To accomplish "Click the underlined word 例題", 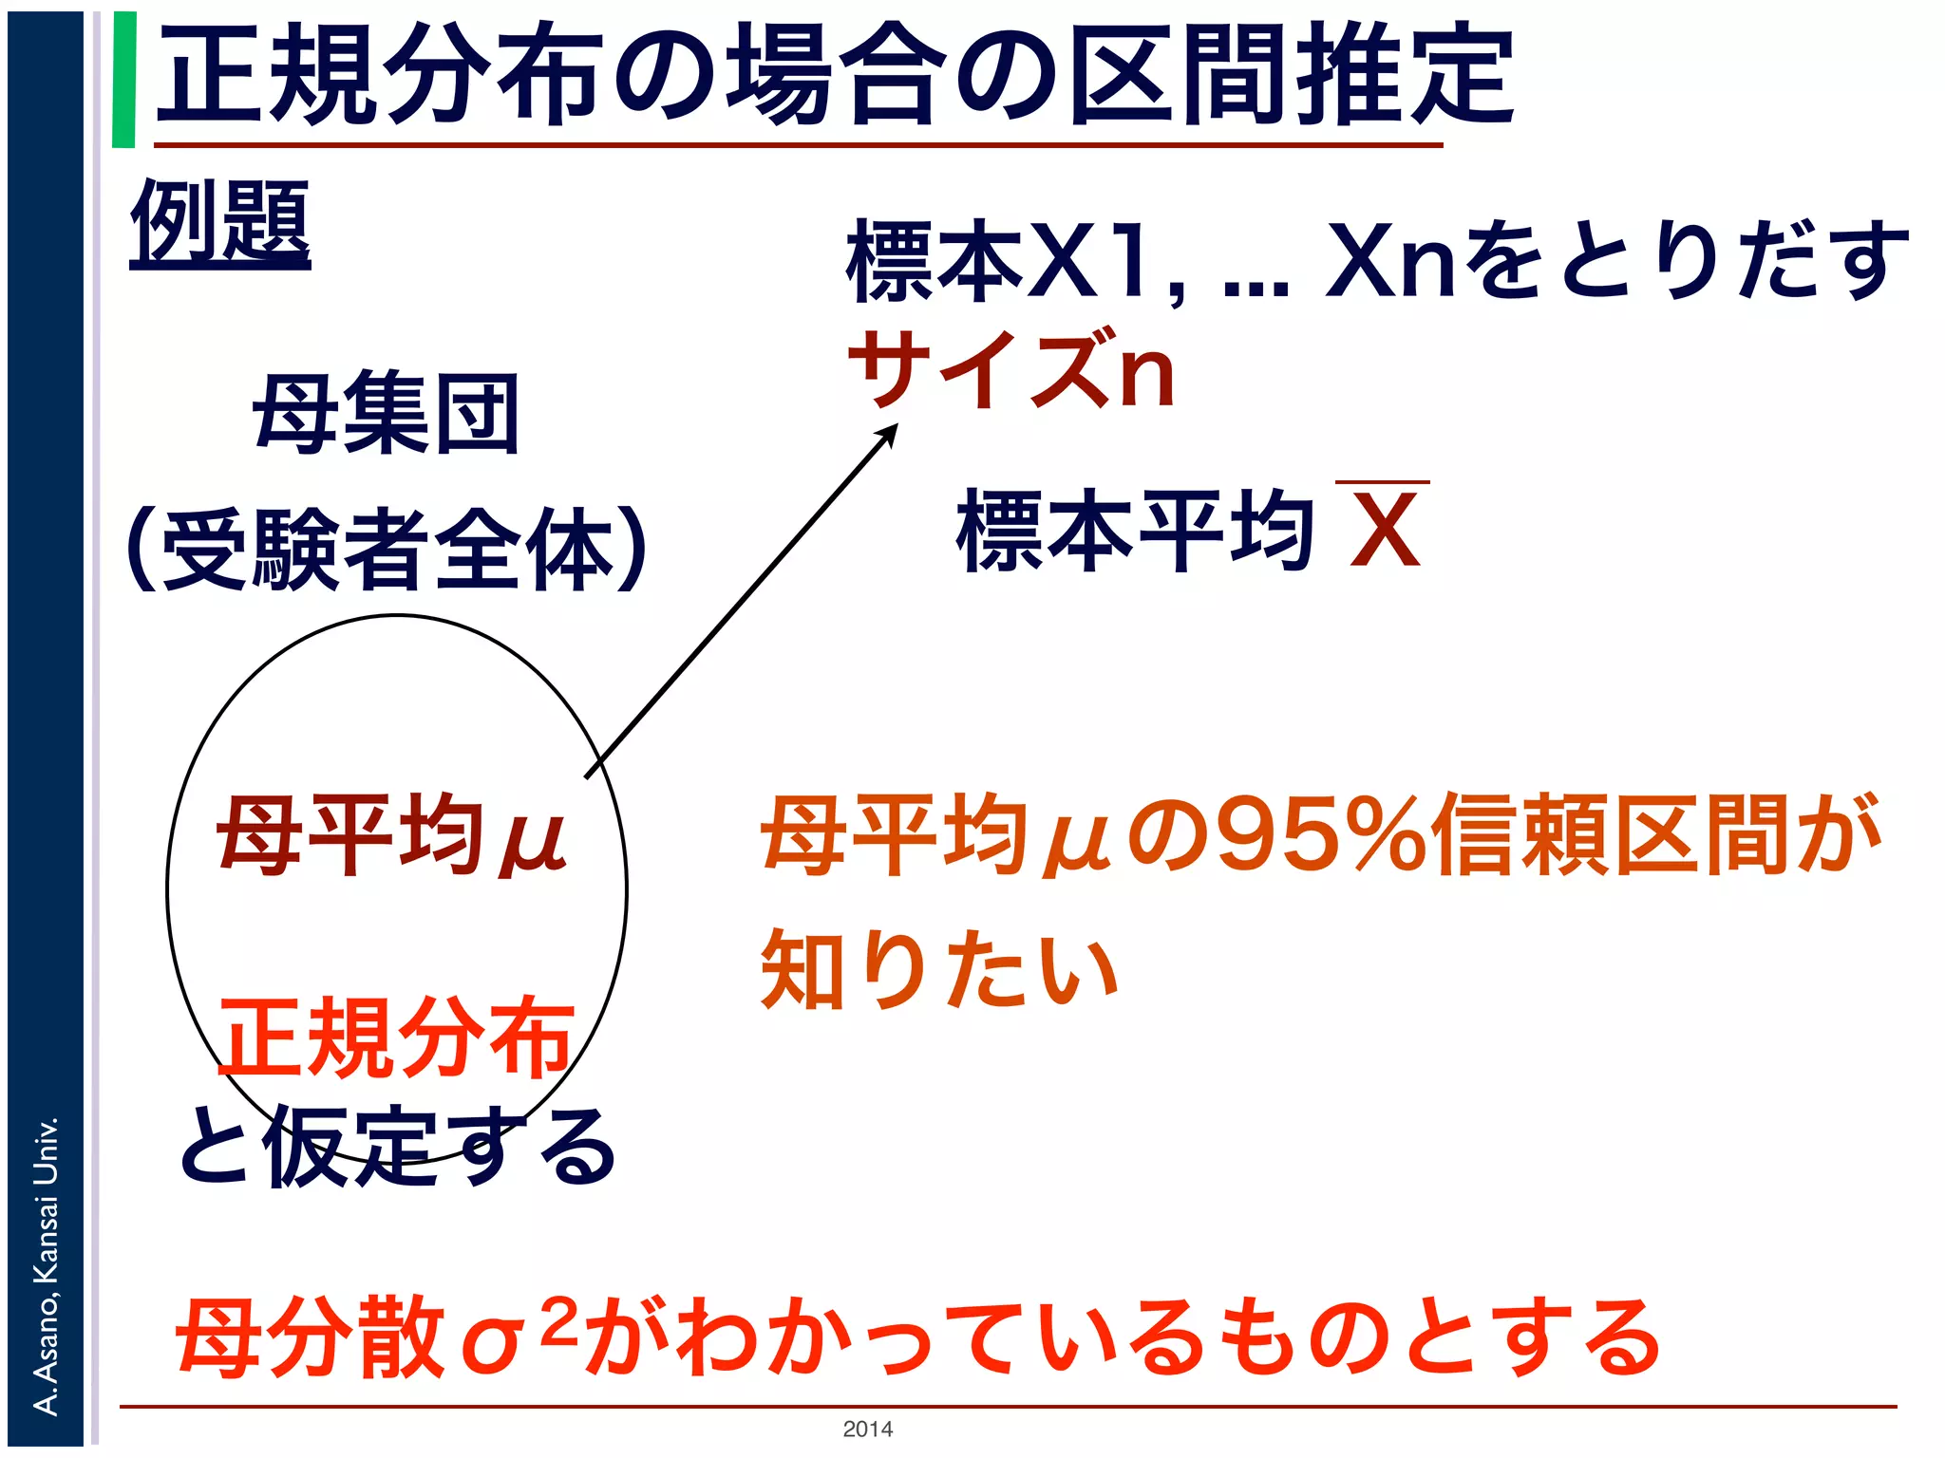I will (220, 224).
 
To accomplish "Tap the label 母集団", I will (386, 414).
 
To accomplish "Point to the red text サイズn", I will (1012, 370).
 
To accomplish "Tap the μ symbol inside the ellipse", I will (535, 839).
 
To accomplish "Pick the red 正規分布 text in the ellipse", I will (397, 1038).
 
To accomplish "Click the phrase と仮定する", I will (397, 1149).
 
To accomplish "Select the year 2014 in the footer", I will (867, 1429).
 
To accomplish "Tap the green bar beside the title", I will (123, 80).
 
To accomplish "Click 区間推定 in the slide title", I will (1292, 76).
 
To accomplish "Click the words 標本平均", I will (1136, 532).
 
